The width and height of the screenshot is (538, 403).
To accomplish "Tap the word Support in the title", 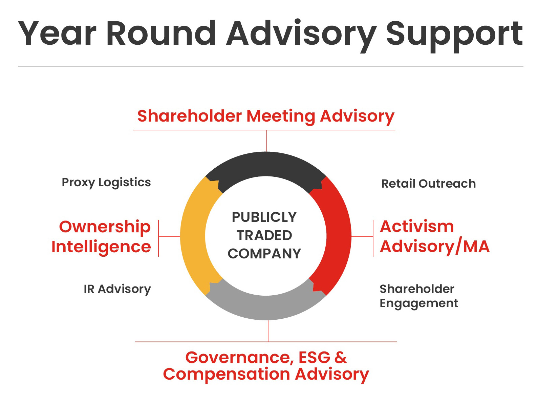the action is point(454,36).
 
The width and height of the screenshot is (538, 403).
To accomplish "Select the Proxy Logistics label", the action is point(106,183).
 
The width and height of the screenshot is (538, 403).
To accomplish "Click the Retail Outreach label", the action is point(428,184).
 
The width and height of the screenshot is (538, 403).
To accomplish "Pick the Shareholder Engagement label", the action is point(418,296).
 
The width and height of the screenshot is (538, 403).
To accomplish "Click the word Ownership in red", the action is point(105,227).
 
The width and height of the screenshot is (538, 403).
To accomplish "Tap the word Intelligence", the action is point(101,247).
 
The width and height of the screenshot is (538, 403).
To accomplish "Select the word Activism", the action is point(417,227).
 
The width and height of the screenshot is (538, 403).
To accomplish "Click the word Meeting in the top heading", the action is point(281,117).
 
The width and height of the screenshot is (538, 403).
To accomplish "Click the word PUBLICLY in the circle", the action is point(264,217).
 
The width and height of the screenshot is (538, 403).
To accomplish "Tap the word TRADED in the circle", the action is point(264,236).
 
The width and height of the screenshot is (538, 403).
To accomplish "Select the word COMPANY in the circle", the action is point(264,254).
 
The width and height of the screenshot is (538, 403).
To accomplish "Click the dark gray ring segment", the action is point(266,164).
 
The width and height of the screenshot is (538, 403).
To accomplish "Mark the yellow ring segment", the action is point(193,236).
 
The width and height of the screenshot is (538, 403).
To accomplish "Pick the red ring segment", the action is point(339,236).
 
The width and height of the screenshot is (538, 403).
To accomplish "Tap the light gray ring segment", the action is point(266,308).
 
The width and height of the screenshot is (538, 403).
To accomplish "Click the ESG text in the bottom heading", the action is point(315,358).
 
